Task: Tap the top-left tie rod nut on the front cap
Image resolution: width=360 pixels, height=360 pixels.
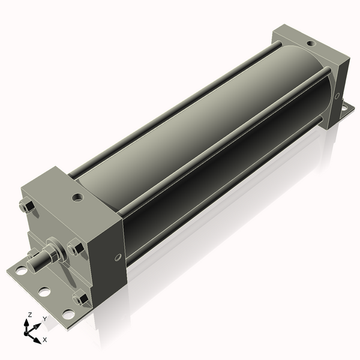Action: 26,206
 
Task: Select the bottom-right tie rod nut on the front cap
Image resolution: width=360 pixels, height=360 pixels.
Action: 79,298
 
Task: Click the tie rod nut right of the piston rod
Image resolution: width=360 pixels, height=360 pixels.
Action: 74,247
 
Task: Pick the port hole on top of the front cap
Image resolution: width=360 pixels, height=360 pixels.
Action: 78,197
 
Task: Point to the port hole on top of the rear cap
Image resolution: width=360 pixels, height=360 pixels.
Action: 310,43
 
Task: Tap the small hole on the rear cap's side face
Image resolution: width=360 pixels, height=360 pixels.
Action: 337,95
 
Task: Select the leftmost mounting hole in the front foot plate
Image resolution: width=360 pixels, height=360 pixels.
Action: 21,271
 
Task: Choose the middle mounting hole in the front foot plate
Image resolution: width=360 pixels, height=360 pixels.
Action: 44,292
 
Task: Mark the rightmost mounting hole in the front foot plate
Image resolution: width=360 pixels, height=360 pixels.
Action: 68,314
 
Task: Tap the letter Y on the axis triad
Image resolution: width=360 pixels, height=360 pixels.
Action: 44,319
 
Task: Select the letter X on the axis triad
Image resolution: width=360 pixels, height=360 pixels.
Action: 44,340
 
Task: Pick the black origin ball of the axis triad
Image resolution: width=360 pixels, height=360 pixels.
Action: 28,330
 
